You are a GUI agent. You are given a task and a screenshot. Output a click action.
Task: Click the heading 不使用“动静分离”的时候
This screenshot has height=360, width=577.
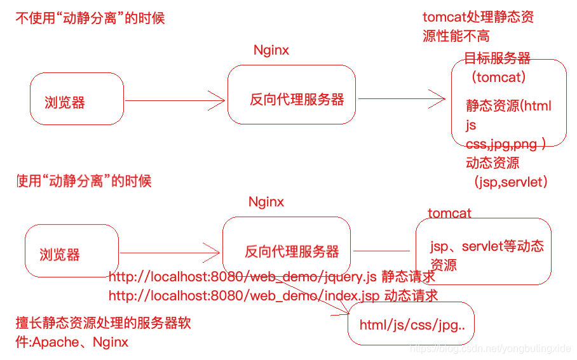90,18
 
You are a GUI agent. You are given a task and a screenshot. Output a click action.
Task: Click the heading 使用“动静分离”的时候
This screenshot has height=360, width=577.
84,182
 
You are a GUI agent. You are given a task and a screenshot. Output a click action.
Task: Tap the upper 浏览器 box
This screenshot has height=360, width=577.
77,99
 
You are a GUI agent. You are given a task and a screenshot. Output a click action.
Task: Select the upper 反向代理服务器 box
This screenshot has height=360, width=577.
292,95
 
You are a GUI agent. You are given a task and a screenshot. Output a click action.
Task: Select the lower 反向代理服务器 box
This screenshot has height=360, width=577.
287,247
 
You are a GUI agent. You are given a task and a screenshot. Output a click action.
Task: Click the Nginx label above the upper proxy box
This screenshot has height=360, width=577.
271,50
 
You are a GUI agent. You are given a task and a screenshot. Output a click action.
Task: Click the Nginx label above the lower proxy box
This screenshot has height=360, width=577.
266,203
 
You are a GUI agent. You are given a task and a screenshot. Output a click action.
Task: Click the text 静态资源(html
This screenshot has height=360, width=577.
508,106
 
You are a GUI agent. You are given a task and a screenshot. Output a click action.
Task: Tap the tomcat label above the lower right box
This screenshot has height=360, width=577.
449,213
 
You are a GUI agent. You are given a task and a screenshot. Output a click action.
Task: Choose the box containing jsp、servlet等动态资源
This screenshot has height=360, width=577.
483,251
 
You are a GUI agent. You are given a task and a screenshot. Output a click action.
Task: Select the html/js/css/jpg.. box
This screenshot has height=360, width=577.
411,325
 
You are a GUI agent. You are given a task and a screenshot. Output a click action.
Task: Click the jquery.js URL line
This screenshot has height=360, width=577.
272,277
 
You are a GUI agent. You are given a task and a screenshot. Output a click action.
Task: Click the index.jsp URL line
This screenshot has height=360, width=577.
273,295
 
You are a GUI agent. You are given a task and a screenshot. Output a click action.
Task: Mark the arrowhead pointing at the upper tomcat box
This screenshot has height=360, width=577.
439,98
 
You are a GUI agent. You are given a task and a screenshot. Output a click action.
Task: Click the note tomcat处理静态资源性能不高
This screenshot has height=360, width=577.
478,26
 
